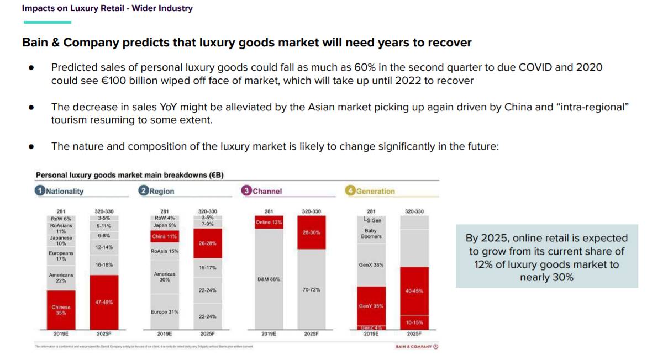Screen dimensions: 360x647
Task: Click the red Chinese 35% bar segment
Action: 61,310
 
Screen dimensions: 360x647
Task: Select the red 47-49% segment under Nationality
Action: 104,302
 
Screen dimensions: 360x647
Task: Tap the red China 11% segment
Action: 164,236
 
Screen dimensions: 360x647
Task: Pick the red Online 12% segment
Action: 269,222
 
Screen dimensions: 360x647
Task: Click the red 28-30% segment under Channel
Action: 311,232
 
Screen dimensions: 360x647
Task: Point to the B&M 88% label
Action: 269,279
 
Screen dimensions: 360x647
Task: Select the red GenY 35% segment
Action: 371,306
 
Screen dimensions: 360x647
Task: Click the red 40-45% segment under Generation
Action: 414,291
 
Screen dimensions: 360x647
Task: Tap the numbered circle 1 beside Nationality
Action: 40,191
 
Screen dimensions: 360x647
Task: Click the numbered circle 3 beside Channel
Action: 246,191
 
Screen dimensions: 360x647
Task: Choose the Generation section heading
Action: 376,192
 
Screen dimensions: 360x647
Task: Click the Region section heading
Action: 161,192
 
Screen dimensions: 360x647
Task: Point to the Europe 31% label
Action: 164,312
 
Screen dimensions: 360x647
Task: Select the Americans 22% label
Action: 61,278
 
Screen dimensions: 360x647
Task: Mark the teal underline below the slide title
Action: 48,22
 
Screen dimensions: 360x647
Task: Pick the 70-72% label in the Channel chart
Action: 311,289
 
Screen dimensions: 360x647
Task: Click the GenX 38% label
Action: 371,265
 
